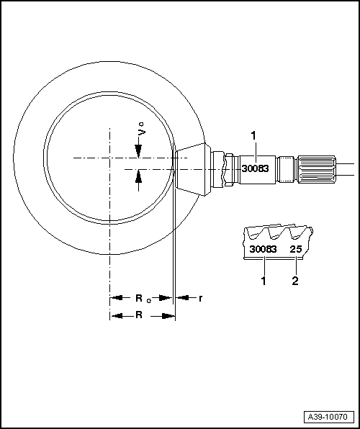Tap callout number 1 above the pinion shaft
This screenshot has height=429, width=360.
253,135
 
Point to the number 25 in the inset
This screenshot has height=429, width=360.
295,249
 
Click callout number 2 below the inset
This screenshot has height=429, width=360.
295,281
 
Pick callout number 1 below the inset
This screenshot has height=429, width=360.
264,281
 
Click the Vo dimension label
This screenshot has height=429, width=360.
142,132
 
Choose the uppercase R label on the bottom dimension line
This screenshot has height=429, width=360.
139,315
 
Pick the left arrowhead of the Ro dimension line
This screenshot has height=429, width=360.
114,297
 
